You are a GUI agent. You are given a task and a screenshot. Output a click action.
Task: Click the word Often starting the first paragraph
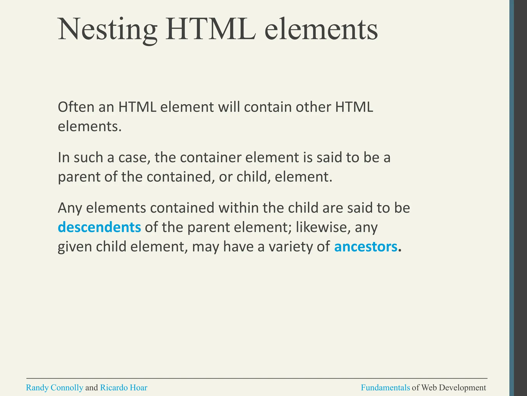click(x=76, y=107)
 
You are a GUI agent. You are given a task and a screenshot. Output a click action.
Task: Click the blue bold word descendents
click(x=99, y=227)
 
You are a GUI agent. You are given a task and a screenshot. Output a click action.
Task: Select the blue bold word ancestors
click(x=366, y=247)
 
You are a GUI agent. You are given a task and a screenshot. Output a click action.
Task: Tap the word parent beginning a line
click(x=79, y=177)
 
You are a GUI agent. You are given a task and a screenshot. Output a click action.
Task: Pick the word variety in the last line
click(x=299, y=247)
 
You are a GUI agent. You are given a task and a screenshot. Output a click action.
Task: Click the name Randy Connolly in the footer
click(x=55, y=387)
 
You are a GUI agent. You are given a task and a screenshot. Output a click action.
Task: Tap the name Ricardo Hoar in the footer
click(x=124, y=387)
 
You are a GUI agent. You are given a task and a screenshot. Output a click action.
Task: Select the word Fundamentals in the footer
click(x=385, y=387)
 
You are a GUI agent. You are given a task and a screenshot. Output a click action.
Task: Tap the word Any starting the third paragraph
click(x=70, y=208)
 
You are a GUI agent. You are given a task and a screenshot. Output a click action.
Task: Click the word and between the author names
click(x=92, y=387)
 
